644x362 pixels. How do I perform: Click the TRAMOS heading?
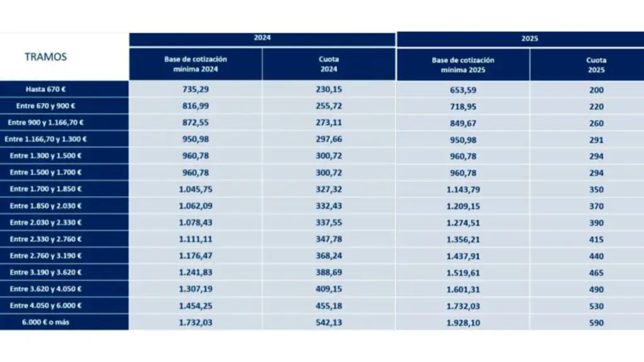(45, 57)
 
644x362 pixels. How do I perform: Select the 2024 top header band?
(262, 38)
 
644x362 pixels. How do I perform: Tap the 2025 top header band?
(530, 38)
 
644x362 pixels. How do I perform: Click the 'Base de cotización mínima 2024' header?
(196, 64)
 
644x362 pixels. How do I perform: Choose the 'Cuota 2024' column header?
(329, 64)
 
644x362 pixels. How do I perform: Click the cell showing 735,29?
(196, 90)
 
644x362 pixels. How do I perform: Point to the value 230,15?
(329, 90)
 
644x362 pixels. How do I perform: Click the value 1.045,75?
(196, 189)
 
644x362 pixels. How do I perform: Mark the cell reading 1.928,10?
(463, 323)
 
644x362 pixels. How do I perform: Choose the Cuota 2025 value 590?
(596, 323)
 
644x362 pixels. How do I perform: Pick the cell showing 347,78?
(329, 239)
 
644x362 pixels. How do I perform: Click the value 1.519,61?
(463, 273)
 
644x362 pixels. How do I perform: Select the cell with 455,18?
(329, 306)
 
